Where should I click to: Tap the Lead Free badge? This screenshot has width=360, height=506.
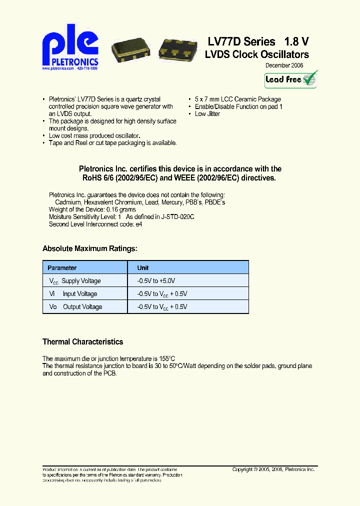click(x=290, y=79)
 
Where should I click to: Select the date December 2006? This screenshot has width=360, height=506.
click(x=283, y=65)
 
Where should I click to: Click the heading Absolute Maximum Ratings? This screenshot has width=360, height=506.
click(x=89, y=248)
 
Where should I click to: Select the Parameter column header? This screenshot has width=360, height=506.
click(x=62, y=268)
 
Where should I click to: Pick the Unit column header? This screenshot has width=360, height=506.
click(x=143, y=268)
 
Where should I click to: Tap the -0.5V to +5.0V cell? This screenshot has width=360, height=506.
click(x=156, y=281)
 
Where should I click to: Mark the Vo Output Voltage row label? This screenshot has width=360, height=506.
click(x=75, y=307)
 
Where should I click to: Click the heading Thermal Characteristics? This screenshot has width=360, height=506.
click(x=82, y=342)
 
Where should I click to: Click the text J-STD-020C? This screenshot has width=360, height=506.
click(x=177, y=217)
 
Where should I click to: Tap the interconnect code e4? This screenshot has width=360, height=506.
click(x=139, y=224)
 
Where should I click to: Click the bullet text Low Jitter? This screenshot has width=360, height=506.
click(x=207, y=114)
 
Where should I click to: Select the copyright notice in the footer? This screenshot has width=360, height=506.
click(x=273, y=469)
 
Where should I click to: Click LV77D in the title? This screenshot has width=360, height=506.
click(x=223, y=41)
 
